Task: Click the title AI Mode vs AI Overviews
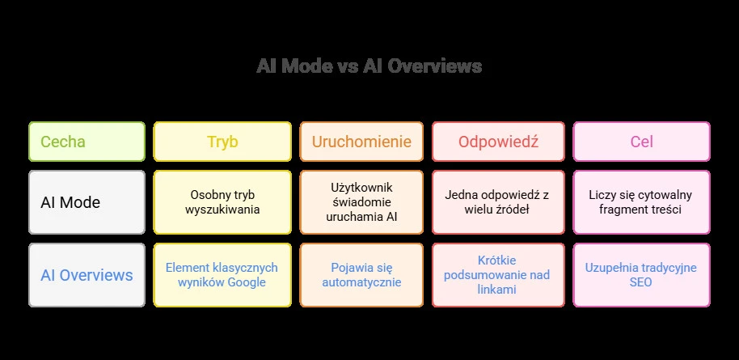tap(369, 66)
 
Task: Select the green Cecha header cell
tap(87, 142)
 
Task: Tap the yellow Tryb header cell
tap(222, 142)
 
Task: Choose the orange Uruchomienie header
tap(361, 142)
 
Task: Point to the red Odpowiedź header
tap(498, 142)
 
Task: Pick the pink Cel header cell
tap(642, 142)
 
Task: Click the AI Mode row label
tap(87, 202)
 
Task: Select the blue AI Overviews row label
tap(87, 275)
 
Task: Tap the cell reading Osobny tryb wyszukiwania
tap(222, 202)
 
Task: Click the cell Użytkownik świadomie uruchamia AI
tap(361, 202)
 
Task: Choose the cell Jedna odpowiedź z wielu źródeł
tap(498, 202)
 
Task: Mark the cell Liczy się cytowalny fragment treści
tap(642, 202)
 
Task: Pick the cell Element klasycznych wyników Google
tap(222, 275)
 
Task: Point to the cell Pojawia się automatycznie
tap(361, 275)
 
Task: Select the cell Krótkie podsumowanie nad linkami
tap(498, 275)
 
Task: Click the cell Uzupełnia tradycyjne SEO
tap(642, 275)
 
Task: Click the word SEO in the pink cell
tap(641, 282)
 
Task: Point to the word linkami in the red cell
tap(497, 290)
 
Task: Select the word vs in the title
tap(348, 66)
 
